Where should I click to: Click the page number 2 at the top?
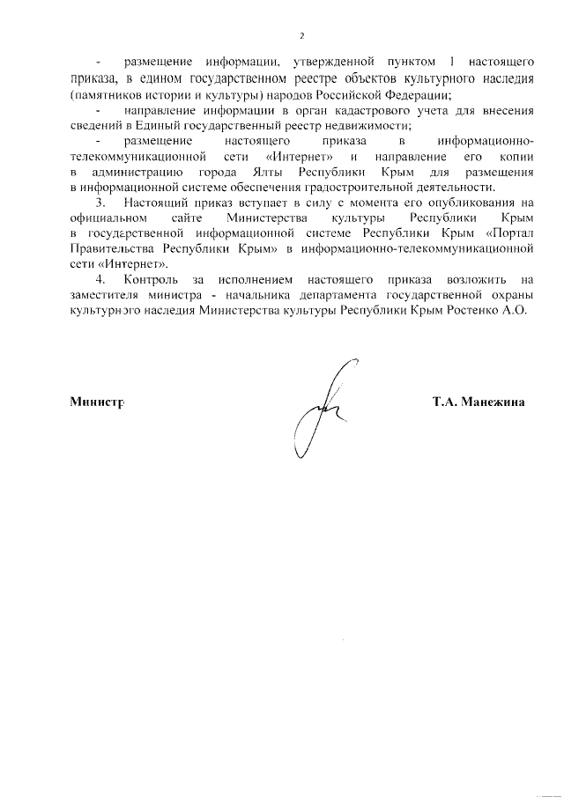(301, 36)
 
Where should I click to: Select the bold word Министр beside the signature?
(96, 402)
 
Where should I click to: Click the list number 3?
(100, 203)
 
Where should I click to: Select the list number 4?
(100, 279)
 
